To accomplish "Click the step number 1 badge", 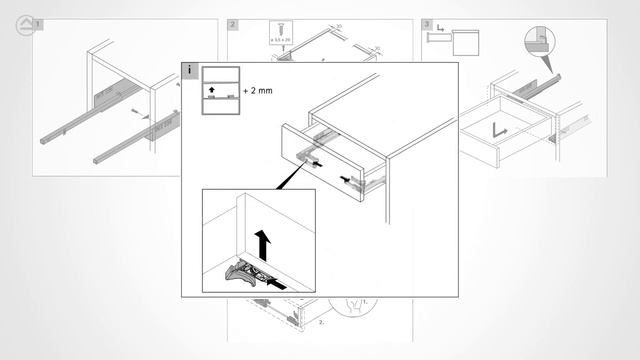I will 39,23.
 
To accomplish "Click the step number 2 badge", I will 232,23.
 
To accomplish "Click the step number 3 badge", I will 427,23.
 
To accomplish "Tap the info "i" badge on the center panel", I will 189,70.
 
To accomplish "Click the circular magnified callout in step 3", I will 539,41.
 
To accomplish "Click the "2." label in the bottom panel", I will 322,323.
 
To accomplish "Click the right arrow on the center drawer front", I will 354,180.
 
